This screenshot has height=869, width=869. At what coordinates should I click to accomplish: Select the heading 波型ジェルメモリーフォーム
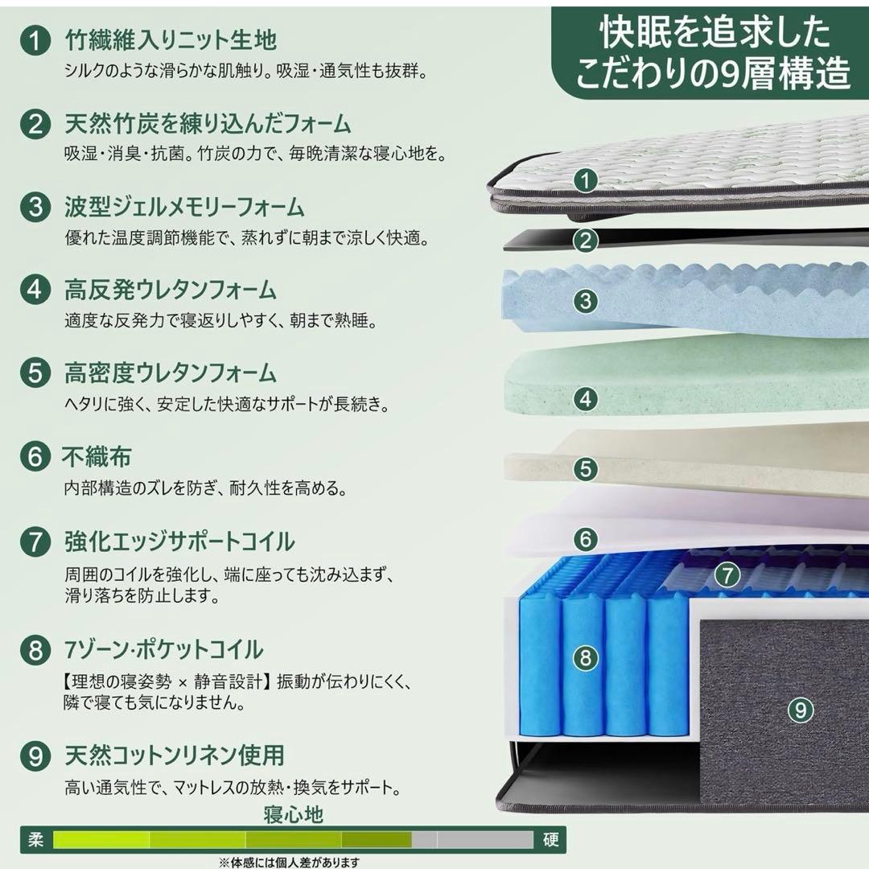[x=184, y=207]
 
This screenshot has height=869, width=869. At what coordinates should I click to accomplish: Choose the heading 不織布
[x=97, y=456]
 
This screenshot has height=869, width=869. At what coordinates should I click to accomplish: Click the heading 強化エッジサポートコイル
[x=179, y=541]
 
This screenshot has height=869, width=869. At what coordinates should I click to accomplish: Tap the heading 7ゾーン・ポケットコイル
[x=163, y=649]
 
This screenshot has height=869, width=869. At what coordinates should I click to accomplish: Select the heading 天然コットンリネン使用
[x=174, y=756]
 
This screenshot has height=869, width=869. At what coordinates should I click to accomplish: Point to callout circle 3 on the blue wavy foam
[x=587, y=302]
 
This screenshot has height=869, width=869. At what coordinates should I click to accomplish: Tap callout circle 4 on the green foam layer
[x=587, y=397]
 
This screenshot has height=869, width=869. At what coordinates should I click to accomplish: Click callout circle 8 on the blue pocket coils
[x=586, y=658]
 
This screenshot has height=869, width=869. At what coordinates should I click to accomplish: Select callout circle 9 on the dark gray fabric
[x=799, y=710]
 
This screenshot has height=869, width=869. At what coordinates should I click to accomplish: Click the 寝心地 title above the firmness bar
[x=294, y=814]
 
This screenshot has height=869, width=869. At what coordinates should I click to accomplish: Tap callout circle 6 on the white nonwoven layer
[x=587, y=538]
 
